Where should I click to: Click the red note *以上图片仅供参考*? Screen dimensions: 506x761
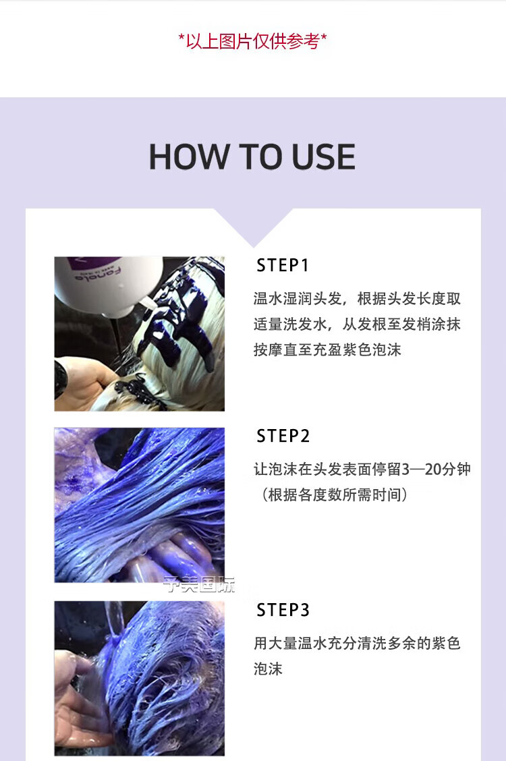[253, 41]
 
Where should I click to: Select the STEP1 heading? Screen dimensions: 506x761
[283, 266]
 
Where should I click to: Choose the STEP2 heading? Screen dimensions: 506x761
[283, 436]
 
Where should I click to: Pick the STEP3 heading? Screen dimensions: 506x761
[283, 610]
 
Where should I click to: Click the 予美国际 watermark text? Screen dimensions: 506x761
[200, 584]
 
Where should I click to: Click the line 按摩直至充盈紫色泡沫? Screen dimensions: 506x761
[327, 349]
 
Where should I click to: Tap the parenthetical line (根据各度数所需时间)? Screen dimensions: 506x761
[333, 495]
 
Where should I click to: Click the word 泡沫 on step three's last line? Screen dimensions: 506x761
[268, 669]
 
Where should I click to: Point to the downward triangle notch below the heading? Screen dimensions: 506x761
[253, 227]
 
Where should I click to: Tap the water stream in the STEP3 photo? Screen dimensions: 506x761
[115, 619]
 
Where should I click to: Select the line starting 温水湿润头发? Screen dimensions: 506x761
[357, 298]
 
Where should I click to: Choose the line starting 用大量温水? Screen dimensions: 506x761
[357, 644]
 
